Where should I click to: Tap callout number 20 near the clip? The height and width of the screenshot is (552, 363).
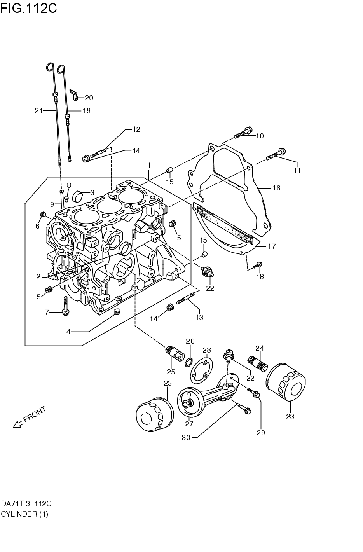pyautogui.click(x=89, y=98)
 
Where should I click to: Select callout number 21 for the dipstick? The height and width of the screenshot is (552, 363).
pyautogui.click(x=38, y=111)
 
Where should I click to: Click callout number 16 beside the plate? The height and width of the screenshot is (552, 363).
pyautogui.click(x=276, y=188)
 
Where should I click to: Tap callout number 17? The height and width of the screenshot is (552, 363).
pyautogui.click(x=272, y=246)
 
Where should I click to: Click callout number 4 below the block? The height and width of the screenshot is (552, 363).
pyautogui.click(x=68, y=332)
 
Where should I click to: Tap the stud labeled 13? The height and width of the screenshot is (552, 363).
pyautogui.click(x=185, y=300)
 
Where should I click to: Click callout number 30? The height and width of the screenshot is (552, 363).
pyautogui.click(x=186, y=437)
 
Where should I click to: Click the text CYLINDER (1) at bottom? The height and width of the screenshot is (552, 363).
pyautogui.click(x=24, y=514)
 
